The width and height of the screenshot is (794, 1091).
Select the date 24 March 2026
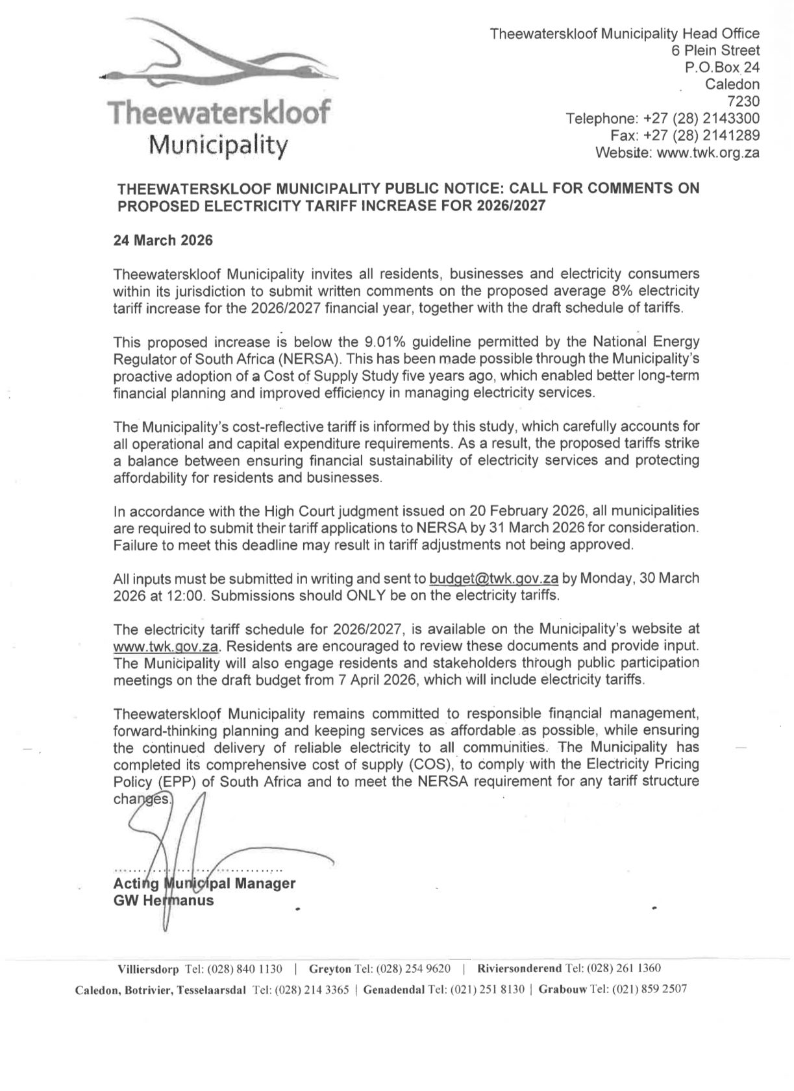(163, 240)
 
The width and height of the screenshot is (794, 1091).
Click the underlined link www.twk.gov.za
(167, 646)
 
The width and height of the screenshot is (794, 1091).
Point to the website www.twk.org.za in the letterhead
(708, 153)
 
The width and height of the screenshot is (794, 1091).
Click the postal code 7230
(743, 101)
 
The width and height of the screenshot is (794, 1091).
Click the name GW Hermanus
(163, 900)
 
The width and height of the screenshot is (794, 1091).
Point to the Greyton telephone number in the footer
(414, 969)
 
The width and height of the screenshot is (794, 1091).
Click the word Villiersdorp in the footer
(148, 969)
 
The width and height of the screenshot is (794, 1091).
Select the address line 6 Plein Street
(715, 50)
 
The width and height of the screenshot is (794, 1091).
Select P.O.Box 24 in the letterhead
(723, 67)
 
